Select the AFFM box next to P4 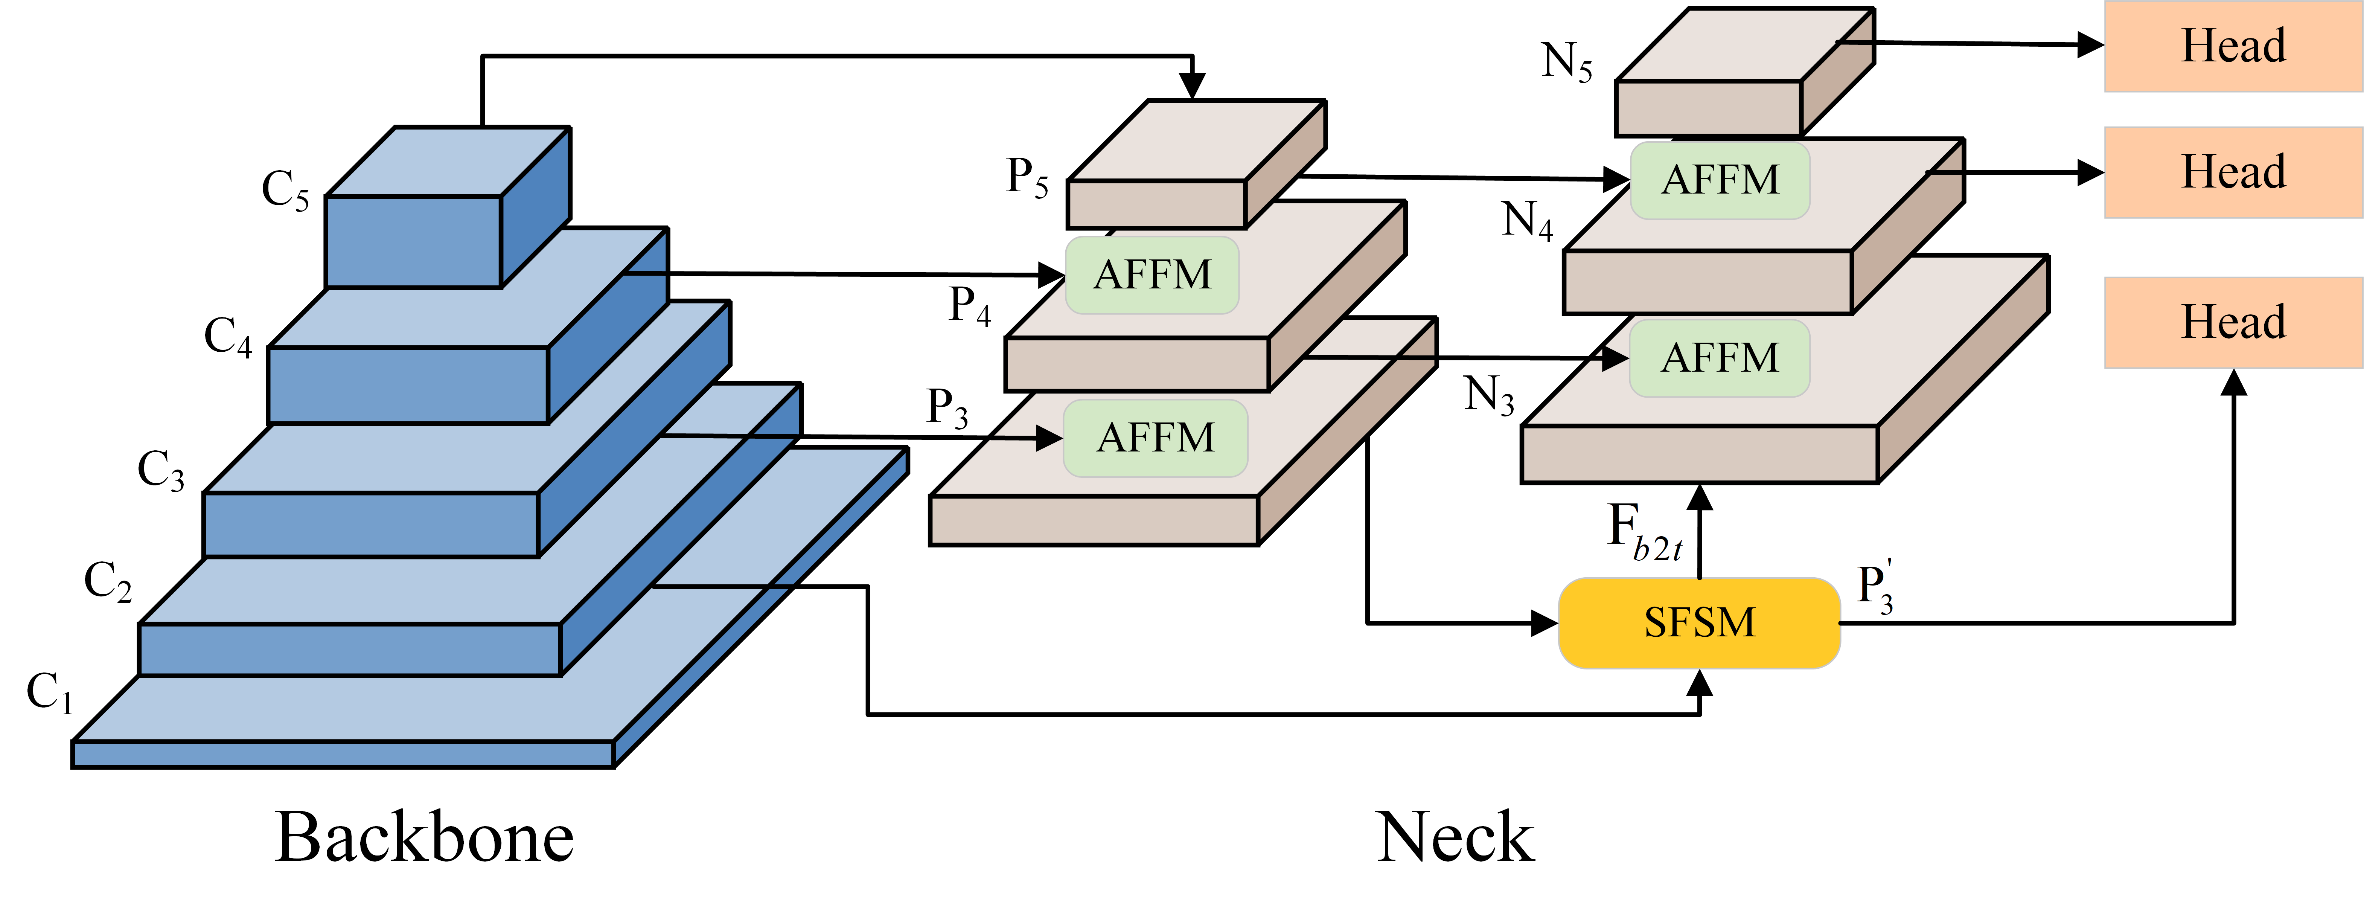[x=1152, y=274]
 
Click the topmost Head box [x=2233, y=46]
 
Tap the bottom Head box [x=2233, y=322]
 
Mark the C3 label [x=161, y=470]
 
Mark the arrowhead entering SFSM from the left [x=1545, y=623]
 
